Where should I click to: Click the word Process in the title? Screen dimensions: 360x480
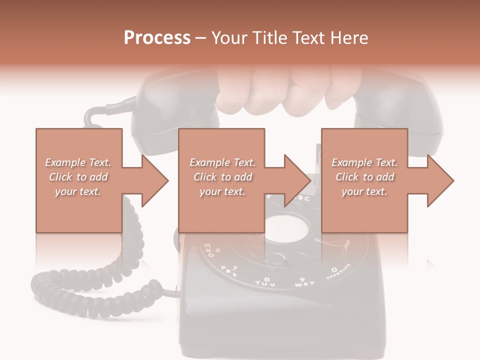coord(157,38)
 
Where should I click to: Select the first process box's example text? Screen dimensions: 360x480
coord(78,177)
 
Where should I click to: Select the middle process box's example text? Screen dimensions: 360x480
coord(222,177)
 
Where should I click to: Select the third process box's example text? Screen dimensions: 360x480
coord(364,177)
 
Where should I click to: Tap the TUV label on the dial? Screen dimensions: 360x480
coord(266,282)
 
